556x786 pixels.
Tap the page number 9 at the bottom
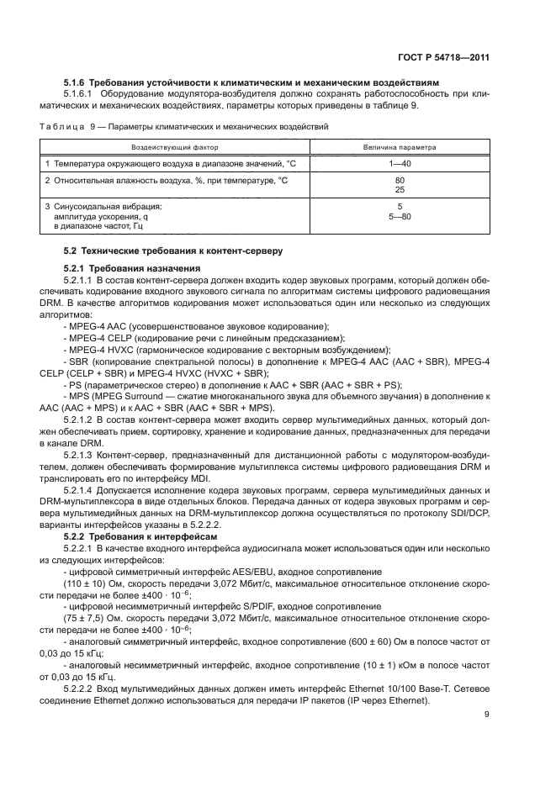pos(487,715)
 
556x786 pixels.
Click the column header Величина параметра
pos(400,146)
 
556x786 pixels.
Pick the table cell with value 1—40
pos(400,162)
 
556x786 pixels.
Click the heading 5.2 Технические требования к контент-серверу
pos(172,251)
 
